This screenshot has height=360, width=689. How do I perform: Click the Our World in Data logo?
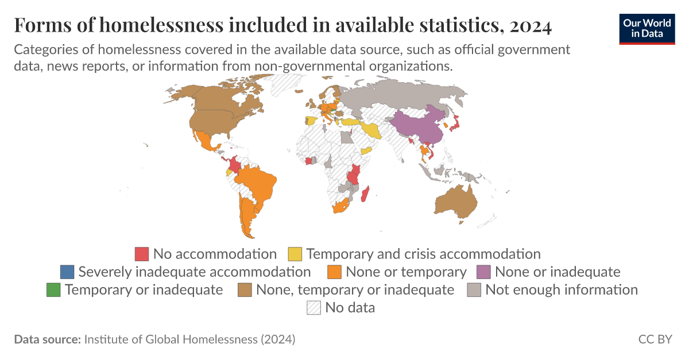coord(647,29)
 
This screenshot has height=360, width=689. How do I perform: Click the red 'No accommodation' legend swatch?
coord(142,254)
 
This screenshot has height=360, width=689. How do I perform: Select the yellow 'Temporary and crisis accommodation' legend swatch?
coord(295,254)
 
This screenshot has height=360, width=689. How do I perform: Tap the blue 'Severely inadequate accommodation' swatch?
coord(67,272)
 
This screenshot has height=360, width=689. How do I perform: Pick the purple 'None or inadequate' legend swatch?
coord(483,272)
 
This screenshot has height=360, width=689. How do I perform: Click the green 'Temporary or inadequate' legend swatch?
coord(53,289)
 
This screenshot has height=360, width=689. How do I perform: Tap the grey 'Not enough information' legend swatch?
coord(474,289)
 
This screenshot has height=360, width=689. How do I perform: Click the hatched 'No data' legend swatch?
coord(314,307)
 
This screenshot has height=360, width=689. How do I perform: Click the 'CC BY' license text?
coord(655,339)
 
